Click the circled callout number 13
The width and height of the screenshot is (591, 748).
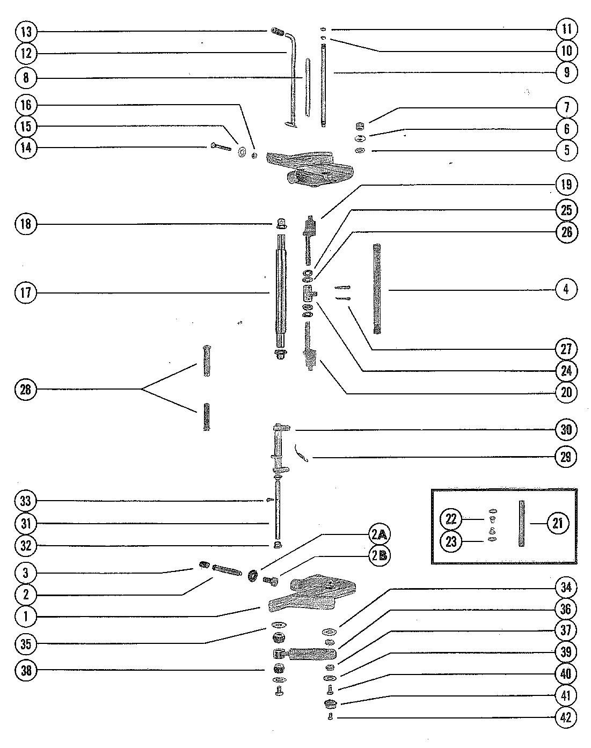(26, 32)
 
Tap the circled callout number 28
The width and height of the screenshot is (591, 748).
(26, 390)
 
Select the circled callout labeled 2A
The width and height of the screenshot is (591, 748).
(379, 534)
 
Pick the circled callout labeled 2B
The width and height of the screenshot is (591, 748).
(379, 556)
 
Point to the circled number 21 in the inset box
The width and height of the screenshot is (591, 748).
(557, 522)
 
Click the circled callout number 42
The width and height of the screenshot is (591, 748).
(565, 718)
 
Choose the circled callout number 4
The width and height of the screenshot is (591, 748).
(566, 290)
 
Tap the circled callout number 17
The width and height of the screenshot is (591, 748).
(26, 293)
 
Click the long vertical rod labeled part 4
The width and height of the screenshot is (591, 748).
(377, 290)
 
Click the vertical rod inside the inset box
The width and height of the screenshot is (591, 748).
(521, 523)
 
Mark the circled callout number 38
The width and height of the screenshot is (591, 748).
(26, 670)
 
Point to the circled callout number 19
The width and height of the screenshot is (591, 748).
(566, 185)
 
